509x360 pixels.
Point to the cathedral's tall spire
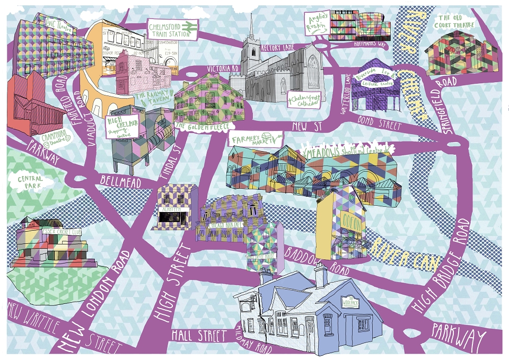pos(252,29)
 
